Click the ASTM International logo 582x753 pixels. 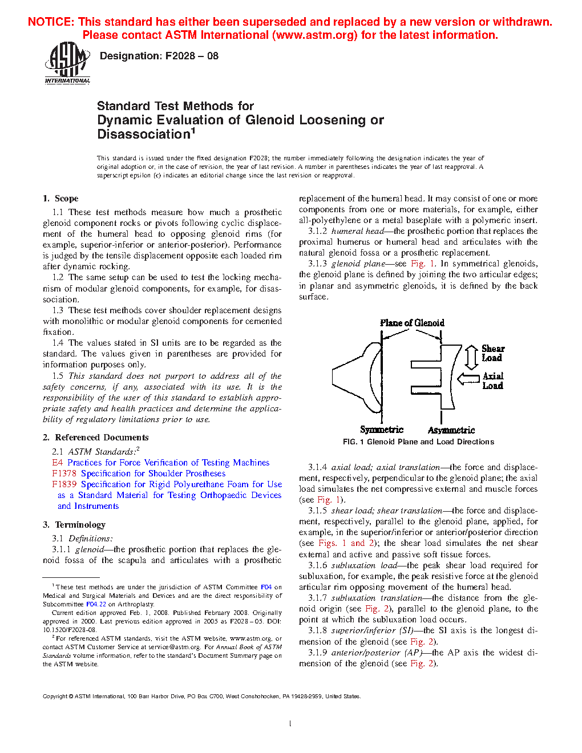tap(67, 63)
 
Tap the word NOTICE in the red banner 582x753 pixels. tap(51, 22)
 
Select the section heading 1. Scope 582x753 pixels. tap(60, 199)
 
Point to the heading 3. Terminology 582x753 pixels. tap(74, 525)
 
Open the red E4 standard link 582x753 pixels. tap(57, 463)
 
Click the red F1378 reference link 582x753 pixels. tap(64, 473)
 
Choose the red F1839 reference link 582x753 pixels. tap(64, 484)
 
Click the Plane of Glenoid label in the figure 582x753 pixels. tap(412, 323)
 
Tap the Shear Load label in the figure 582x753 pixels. tap(492, 353)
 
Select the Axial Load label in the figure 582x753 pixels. tap(493, 381)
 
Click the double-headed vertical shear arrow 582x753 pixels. tap(471, 358)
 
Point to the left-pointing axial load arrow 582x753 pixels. tap(468, 379)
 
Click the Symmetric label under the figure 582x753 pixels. tap(381, 430)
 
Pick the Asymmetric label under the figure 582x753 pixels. tap(451, 430)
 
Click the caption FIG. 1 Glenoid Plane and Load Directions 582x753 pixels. tap(418, 442)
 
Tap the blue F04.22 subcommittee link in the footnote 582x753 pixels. tap(96, 604)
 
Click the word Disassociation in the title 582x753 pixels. tap(143, 135)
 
